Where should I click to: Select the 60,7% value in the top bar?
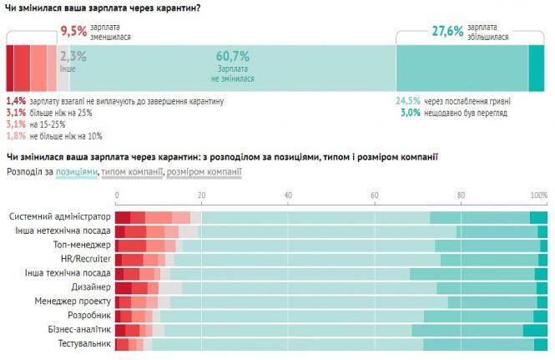233,56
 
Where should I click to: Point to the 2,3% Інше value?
73,57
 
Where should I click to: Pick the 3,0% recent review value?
409,112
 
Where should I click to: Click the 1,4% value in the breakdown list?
16,101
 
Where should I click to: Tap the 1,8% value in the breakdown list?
16,135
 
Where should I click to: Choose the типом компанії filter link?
132,172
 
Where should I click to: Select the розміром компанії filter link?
204,172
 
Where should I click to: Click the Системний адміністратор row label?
59,217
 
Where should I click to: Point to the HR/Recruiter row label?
82,259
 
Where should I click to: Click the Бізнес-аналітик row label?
75,330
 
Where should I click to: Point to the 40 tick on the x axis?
288,195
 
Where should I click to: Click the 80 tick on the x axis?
461,195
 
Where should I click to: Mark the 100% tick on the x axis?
538,195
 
